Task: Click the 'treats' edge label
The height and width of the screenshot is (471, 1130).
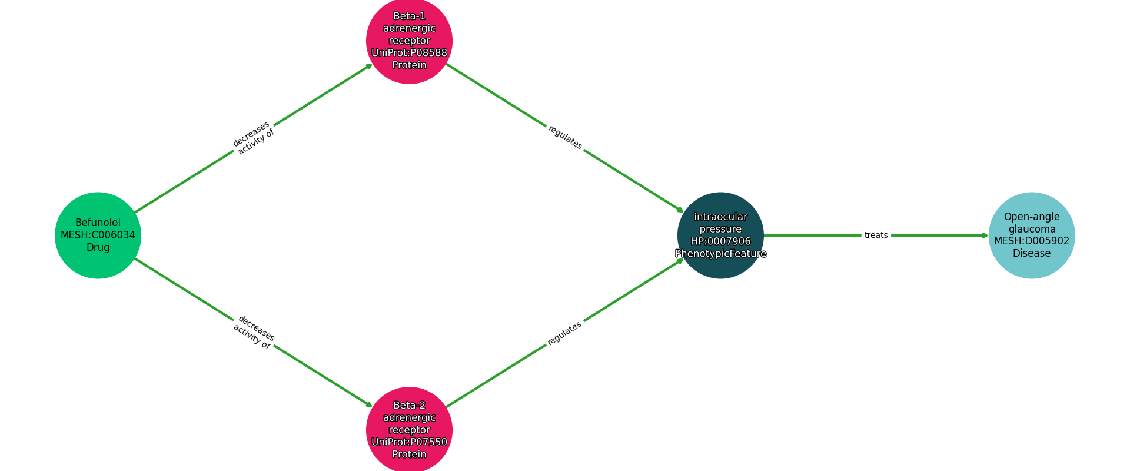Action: coord(876,235)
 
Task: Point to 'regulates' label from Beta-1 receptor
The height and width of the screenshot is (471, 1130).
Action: coord(565,138)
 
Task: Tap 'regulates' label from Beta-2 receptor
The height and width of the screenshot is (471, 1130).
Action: coord(565,333)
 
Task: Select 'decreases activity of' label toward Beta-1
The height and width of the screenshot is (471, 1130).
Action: coord(254,138)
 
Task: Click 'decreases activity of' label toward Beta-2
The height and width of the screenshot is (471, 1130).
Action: coord(254,333)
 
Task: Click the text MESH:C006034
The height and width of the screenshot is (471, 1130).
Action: coord(98,235)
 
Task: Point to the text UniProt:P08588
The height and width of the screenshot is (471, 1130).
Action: coord(409,53)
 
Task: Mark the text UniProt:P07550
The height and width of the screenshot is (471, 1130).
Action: coord(409,442)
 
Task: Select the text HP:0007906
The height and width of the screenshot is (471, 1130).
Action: coord(720,241)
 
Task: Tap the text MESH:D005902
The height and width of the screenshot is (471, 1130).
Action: coord(1031,241)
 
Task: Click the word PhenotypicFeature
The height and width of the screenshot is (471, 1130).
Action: coord(720,254)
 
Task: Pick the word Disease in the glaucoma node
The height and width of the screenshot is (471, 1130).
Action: coord(1031,254)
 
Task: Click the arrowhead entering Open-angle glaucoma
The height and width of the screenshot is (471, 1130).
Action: coord(985,235)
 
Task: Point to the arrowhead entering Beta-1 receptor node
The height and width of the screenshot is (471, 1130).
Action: coord(370,65)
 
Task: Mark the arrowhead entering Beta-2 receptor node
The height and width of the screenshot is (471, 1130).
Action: coord(370,405)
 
